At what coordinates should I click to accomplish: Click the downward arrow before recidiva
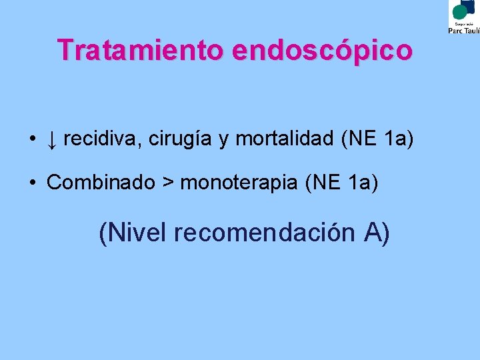click(51, 141)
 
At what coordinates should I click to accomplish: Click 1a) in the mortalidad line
click(398, 140)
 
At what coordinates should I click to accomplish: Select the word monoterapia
click(239, 183)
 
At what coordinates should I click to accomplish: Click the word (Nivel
click(133, 233)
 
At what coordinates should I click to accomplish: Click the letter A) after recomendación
click(377, 233)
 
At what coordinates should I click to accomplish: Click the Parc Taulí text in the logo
click(463, 30)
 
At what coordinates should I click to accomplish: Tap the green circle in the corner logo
click(460, 11)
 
